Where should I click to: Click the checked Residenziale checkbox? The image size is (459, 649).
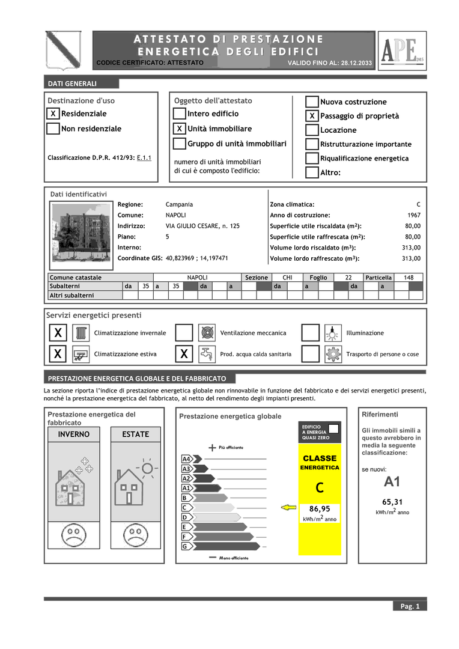coord(53,114)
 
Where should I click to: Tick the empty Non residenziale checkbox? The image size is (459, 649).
coord(53,129)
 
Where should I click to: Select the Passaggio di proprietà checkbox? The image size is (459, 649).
coord(312,116)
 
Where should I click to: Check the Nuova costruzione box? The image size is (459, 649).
coord(312,102)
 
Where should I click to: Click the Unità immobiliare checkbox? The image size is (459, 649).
coord(179,129)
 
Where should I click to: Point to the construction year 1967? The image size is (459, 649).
coord(413,215)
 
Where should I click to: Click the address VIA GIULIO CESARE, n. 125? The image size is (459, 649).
coord(202,226)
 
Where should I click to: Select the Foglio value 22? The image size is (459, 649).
coord(348,278)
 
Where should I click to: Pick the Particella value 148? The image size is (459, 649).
coord(409,278)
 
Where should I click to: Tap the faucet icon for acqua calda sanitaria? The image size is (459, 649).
coord(207,354)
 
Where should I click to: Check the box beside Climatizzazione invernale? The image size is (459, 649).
coord(58,333)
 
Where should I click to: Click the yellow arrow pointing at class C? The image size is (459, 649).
coord(289,508)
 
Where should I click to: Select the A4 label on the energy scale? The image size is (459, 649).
coord(186,459)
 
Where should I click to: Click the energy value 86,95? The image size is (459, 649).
coord(320,509)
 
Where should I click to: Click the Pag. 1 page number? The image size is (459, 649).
coord(410,606)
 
